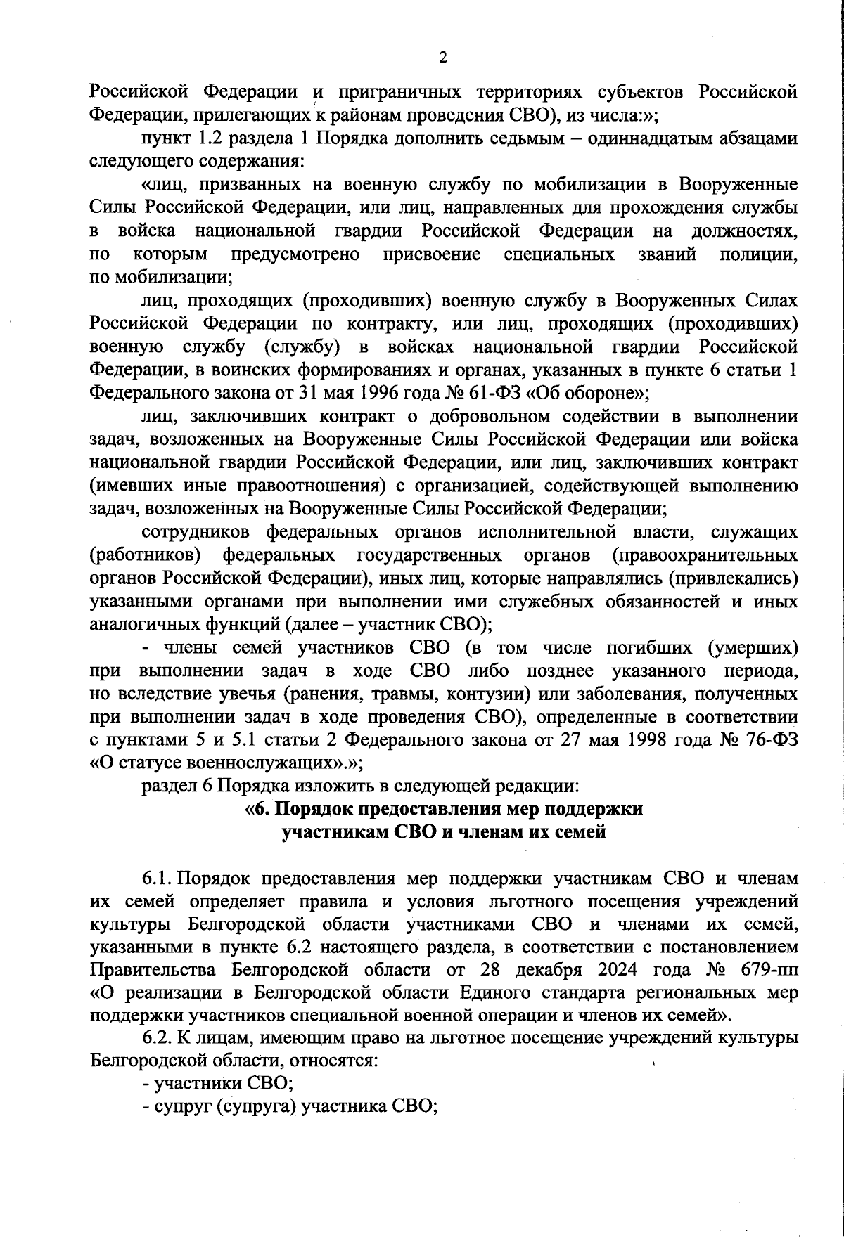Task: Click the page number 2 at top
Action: coord(442,58)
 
